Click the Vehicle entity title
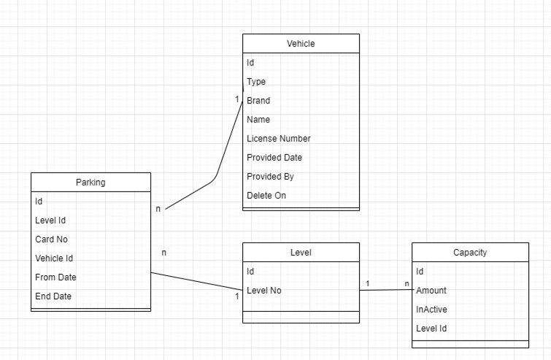pyautogui.click(x=301, y=44)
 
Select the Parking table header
pyautogui.click(x=90, y=183)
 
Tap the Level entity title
pyautogui.click(x=301, y=253)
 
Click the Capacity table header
pyautogui.click(x=470, y=253)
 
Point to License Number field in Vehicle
pyautogui.click(x=279, y=139)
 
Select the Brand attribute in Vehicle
pyautogui.click(x=258, y=101)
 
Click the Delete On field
pyautogui.click(x=266, y=196)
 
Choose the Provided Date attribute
pyautogui.click(x=274, y=158)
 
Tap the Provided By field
pyautogui.click(x=270, y=177)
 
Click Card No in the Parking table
pyautogui.click(x=52, y=239)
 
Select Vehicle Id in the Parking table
pyautogui.click(x=54, y=258)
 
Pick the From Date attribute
pyautogui.click(x=55, y=277)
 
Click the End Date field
pyautogui.click(x=53, y=296)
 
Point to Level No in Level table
pyautogui.click(x=264, y=291)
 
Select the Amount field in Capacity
pyautogui.click(x=431, y=291)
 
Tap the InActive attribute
pyautogui.click(x=431, y=310)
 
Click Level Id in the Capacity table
pyautogui.click(x=432, y=329)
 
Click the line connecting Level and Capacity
pyautogui.click(x=385, y=291)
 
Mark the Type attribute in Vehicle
pyautogui.click(x=256, y=82)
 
